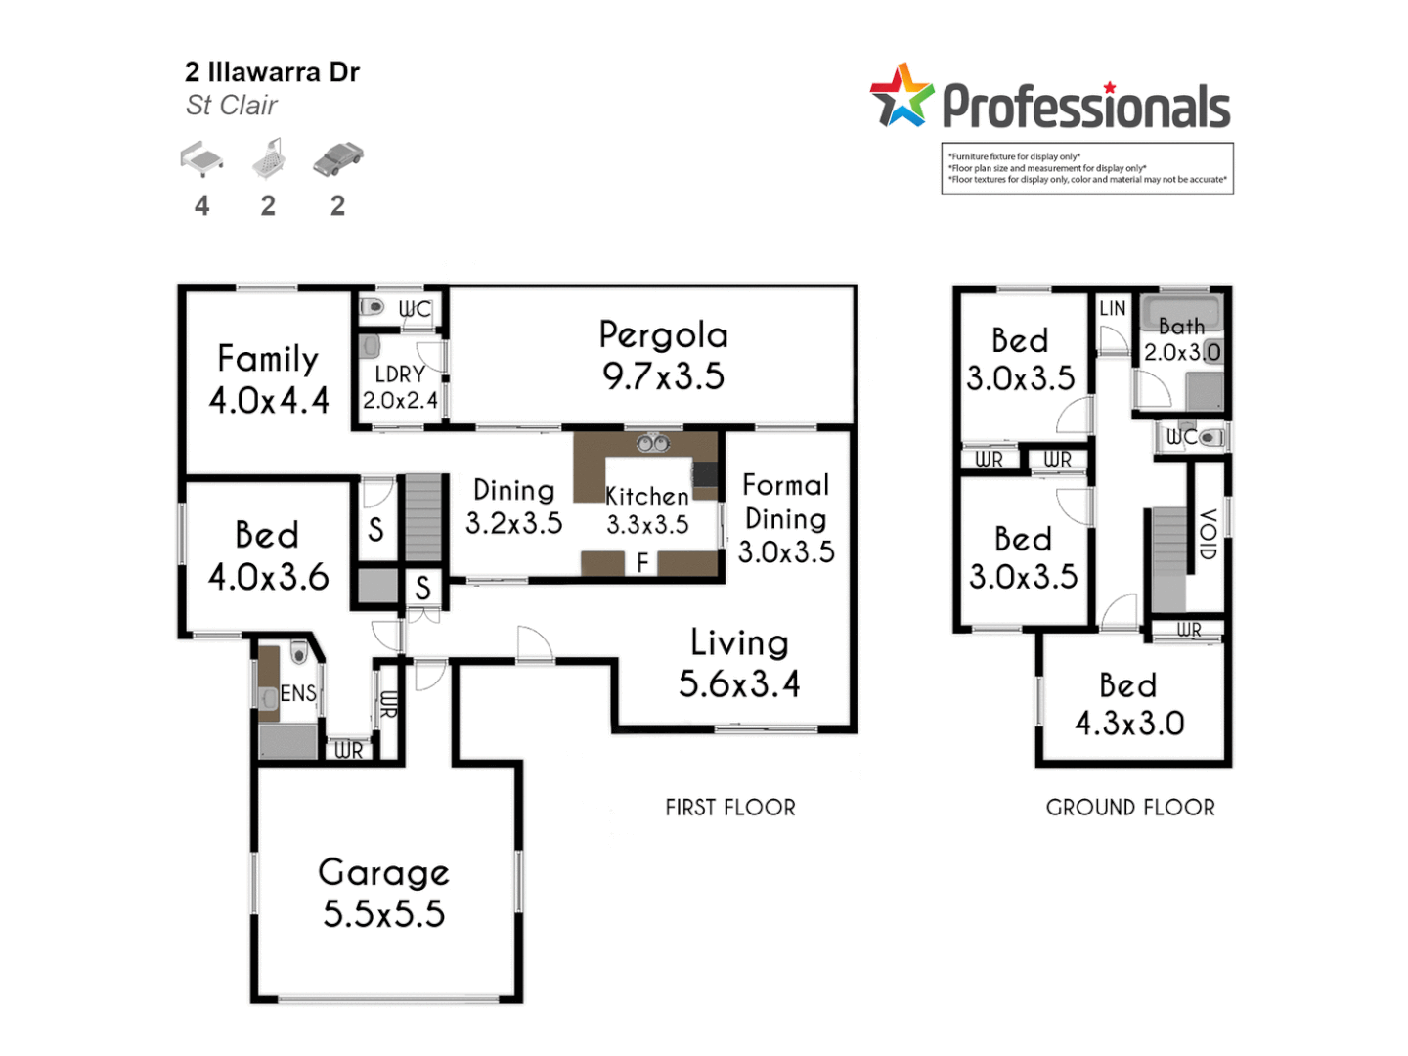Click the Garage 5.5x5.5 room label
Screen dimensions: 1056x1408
(383, 893)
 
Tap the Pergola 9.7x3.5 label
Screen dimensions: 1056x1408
(663, 355)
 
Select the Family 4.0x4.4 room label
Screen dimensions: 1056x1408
(268, 379)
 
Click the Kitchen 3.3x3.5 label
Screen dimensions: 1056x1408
(647, 510)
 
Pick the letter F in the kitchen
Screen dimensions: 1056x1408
(642, 563)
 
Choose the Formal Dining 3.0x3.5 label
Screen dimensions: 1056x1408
(785, 518)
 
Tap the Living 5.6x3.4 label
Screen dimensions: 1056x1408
(739, 663)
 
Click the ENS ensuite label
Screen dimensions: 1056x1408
(298, 693)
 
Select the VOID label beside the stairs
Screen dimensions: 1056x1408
(1208, 534)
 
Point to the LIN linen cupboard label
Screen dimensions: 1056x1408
(1113, 308)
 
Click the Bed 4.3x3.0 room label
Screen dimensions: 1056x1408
(1129, 704)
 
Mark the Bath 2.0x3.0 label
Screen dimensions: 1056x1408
(1182, 339)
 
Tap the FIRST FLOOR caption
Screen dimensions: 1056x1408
(730, 808)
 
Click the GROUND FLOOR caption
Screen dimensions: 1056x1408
(1130, 808)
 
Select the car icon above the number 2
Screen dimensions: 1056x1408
(337, 158)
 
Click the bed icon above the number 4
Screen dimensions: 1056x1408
(201, 158)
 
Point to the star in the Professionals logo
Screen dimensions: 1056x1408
(902, 96)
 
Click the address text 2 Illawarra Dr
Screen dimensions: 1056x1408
(272, 72)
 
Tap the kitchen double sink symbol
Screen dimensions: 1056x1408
(653, 444)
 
